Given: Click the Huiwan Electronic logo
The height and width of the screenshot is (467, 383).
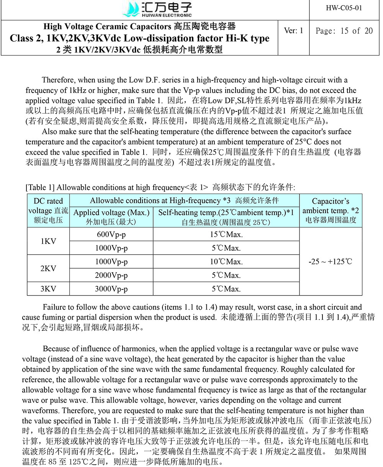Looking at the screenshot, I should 157,9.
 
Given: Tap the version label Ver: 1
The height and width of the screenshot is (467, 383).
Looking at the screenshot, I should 294,31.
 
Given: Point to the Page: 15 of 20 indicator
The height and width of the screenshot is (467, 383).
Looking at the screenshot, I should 344,31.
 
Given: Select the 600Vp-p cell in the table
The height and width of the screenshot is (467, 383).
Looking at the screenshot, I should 111,234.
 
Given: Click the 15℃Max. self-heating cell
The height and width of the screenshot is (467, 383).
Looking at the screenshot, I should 226,234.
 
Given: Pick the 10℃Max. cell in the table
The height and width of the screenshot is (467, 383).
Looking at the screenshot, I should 226,262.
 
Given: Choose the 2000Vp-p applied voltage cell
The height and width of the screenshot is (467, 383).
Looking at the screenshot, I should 111,275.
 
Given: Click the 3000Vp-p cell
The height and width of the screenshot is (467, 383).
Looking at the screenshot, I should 111,289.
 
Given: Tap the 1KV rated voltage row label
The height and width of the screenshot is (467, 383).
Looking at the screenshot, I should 48,241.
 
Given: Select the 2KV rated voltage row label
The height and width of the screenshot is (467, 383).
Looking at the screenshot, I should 48,268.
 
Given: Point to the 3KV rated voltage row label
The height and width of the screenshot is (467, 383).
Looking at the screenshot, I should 48,289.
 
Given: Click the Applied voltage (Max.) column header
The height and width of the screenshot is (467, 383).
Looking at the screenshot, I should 111,217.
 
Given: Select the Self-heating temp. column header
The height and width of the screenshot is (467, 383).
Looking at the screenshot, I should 226,217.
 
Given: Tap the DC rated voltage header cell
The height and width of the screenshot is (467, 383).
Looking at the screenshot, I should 48,211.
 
